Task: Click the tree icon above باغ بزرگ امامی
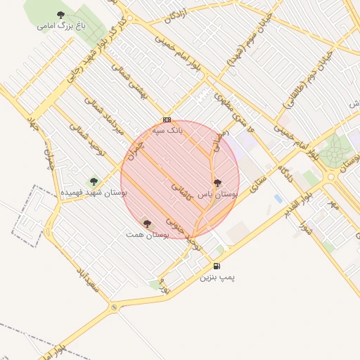click(60, 14)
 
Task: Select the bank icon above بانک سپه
click(167, 120)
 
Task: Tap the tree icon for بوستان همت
click(147, 224)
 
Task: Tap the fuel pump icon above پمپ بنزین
click(216, 266)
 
